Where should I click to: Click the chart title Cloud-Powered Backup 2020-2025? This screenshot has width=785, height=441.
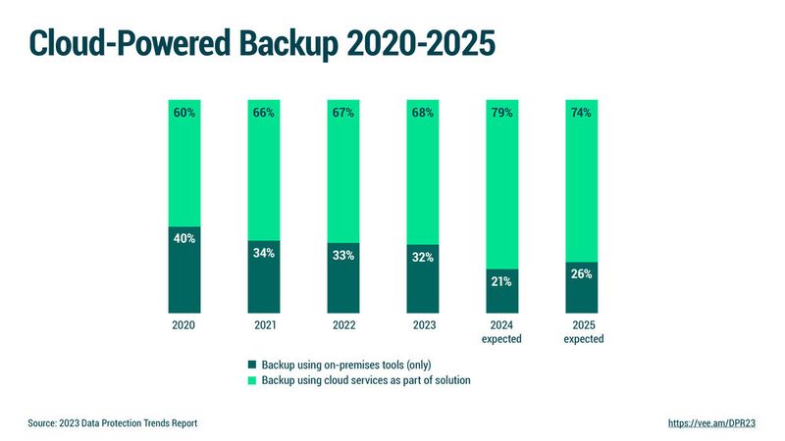261,43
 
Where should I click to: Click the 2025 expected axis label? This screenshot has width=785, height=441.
581,332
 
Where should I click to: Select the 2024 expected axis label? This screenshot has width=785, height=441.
501,332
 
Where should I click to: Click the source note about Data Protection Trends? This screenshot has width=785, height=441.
113,423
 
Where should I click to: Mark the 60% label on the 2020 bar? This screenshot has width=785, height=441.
183,113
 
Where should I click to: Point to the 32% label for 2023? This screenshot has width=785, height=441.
422,259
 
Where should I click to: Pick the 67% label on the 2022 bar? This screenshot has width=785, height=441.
342,113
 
